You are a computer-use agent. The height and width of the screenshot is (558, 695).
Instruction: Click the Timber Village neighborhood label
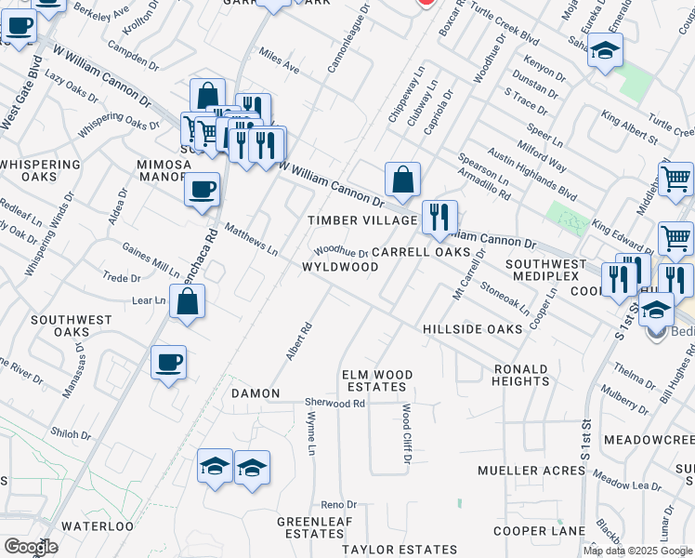(362, 220)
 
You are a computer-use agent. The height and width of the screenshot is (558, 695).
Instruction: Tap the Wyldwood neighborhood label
(340, 267)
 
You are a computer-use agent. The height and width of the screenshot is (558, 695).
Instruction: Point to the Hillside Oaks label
(473, 329)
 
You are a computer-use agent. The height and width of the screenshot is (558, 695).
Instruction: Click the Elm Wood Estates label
(375, 380)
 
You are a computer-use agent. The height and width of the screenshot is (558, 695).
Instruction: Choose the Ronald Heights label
(520, 375)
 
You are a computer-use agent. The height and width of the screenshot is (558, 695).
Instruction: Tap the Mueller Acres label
(530, 471)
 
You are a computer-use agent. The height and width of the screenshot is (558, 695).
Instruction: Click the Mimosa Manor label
(164, 171)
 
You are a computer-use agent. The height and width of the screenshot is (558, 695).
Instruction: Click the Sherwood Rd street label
(335, 404)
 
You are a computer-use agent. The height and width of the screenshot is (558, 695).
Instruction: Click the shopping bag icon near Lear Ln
(187, 301)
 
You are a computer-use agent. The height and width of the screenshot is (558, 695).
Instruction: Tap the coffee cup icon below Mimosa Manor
(202, 191)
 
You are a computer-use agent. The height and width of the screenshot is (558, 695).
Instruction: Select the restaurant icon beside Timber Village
(439, 218)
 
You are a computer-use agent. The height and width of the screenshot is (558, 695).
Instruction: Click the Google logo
(31, 547)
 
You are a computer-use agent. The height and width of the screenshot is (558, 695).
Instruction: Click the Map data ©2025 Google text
(637, 551)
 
